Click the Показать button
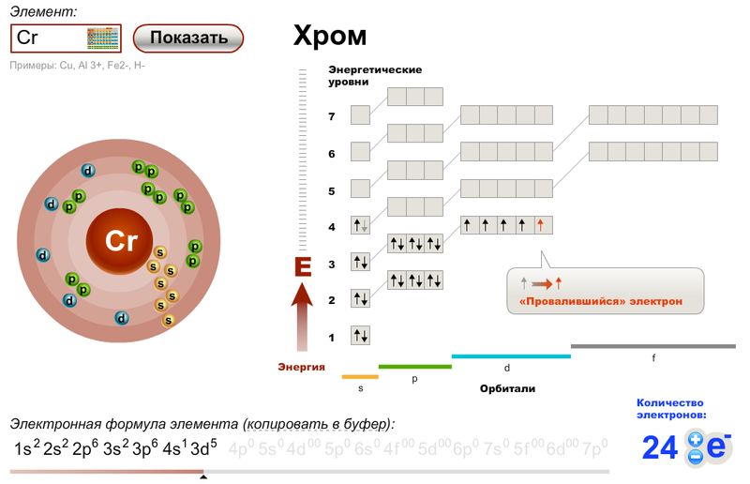tap(188, 38)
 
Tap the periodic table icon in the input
tap(103, 38)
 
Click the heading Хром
tap(329, 37)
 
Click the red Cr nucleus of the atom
tap(121, 242)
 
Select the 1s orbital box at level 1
tap(361, 336)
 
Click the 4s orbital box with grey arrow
tap(361, 225)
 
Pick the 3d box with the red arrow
tap(544, 225)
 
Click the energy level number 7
tap(331, 116)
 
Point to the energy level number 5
tap(331, 190)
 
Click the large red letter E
tap(302, 267)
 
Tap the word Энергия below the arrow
tap(301, 367)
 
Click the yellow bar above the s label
tap(360, 376)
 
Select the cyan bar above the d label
tap(511, 356)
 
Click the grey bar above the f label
tap(653, 346)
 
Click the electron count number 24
tap(660, 448)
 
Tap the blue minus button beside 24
tap(696, 458)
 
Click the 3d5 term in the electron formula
tap(203, 447)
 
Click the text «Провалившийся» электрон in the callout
tap(600, 302)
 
